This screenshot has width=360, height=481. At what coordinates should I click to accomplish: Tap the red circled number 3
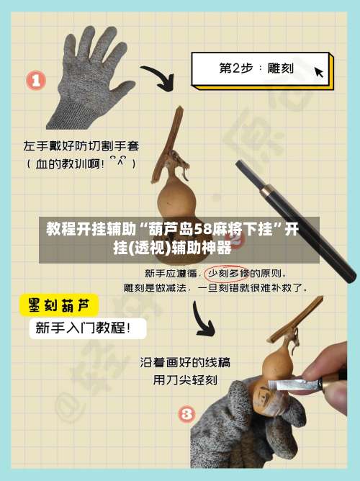[186, 414]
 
